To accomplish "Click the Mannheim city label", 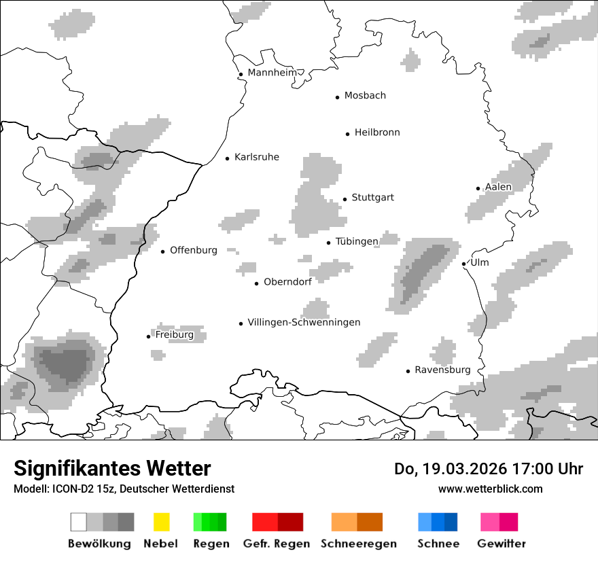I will pyautogui.click(x=272, y=73).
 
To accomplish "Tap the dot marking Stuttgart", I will pyautogui.click(x=345, y=199).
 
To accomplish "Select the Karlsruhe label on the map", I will pyautogui.click(x=256, y=157).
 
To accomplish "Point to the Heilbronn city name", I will pyautogui.click(x=377, y=133).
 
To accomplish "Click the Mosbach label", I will pyautogui.click(x=365, y=96).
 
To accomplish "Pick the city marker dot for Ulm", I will pyautogui.click(x=463, y=264).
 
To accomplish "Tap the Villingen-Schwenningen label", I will pyautogui.click(x=304, y=322).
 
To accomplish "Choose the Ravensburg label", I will pyautogui.click(x=442, y=370).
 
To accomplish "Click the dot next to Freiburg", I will pyautogui.click(x=148, y=336).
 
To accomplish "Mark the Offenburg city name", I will pyautogui.click(x=194, y=250).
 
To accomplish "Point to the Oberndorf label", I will pyautogui.click(x=287, y=282).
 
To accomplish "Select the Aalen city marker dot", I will pyautogui.click(x=478, y=188).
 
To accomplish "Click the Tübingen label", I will pyautogui.click(x=357, y=241).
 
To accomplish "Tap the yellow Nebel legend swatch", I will pyautogui.click(x=161, y=522).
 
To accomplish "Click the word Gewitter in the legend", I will pyautogui.click(x=502, y=544).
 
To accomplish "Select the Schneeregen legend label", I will pyautogui.click(x=359, y=544).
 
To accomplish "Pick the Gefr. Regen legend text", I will pyautogui.click(x=277, y=544).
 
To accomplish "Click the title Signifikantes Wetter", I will pyautogui.click(x=112, y=468).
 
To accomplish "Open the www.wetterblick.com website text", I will pyautogui.click(x=490, y=489).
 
